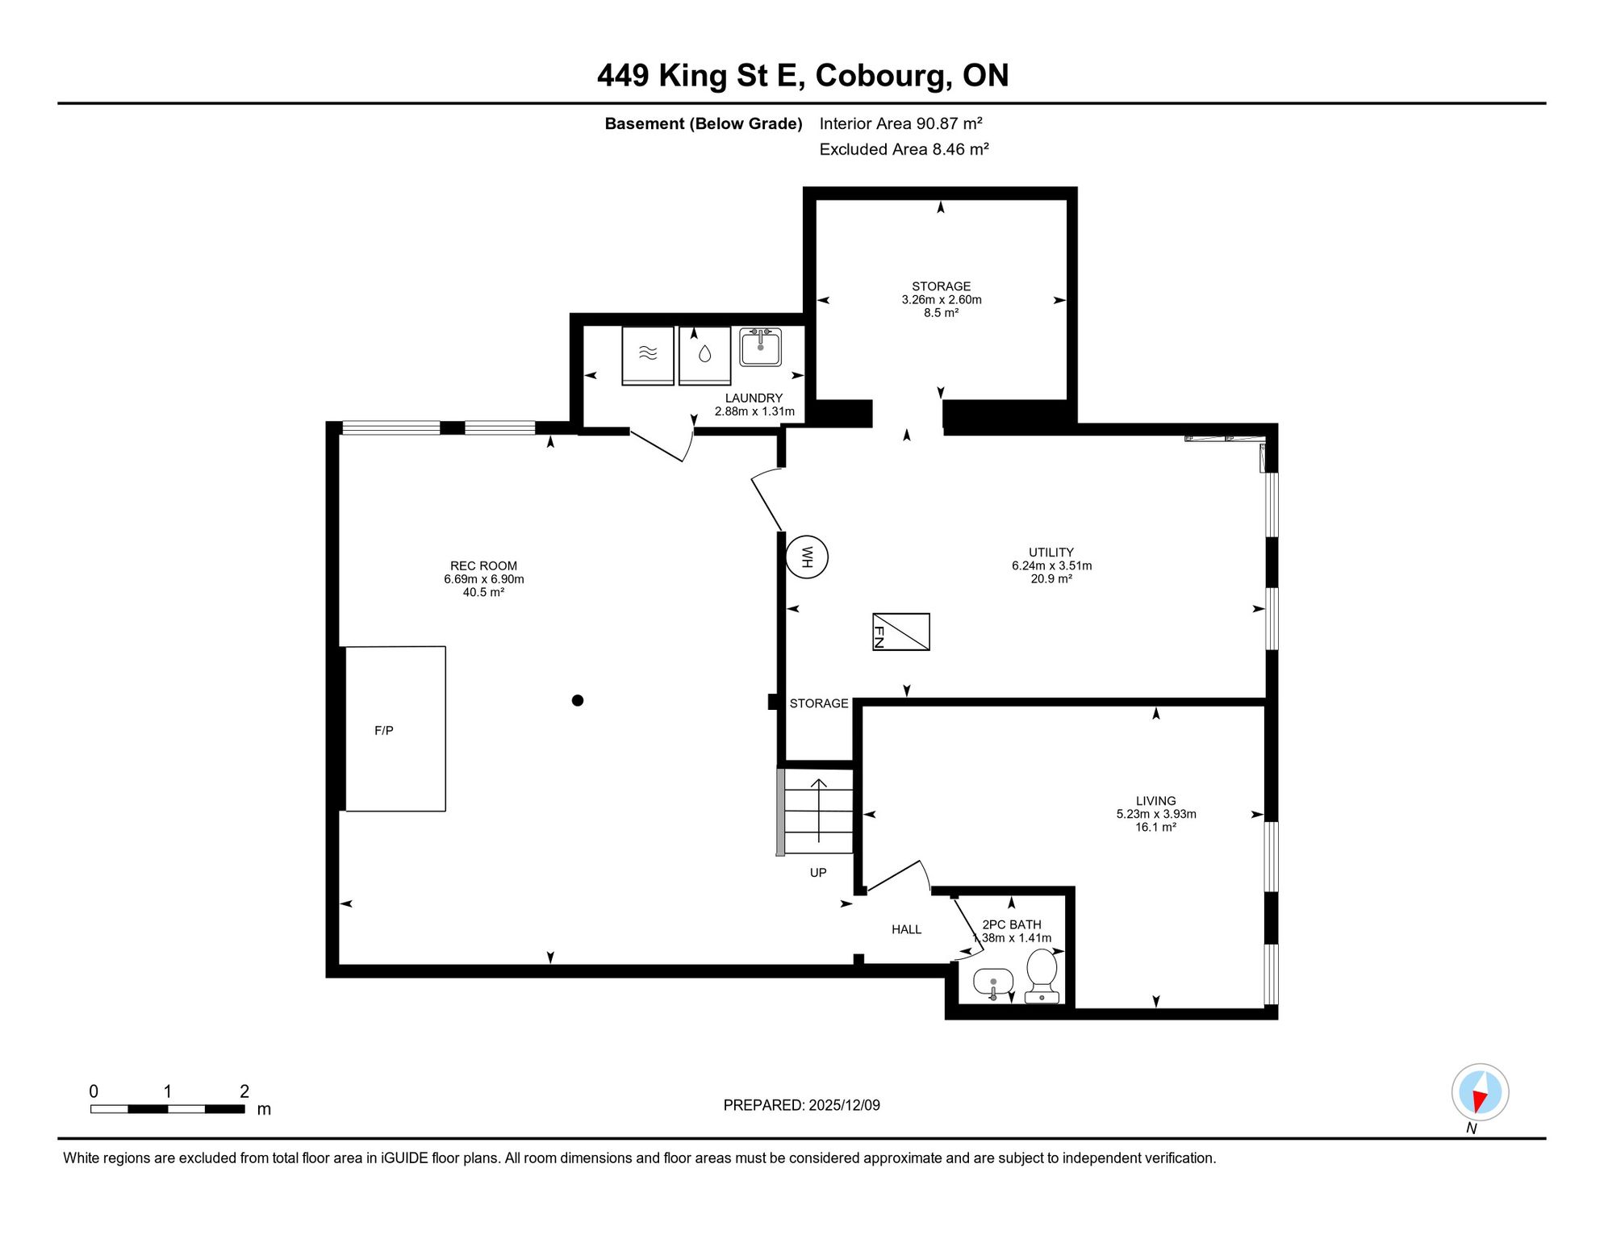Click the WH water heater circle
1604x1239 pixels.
pos(807,557)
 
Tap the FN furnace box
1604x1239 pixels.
pos(901,632)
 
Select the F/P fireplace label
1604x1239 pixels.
pos(384,731)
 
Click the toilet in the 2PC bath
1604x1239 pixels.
pos(1042,975)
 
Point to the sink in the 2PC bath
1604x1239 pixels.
pos(993,983)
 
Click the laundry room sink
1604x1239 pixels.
pos(760,347)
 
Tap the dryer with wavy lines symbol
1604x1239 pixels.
pos(648,355)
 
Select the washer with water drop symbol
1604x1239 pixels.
pos(705,355)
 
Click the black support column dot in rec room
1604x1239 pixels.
pos(578,700)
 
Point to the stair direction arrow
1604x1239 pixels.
pos(819,811)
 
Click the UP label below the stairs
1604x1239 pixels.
pos(818,873)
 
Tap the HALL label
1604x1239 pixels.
pos(907,929)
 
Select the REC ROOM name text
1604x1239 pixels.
pos(484,566)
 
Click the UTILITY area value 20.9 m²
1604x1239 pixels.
pos(1051,579)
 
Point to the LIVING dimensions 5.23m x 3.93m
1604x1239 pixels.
pos(1156,814)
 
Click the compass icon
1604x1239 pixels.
pos(1481,1092)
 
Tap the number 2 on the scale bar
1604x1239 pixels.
pos(244,1091)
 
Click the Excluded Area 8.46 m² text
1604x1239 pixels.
pos(904,149)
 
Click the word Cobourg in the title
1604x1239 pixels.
pos(879,76)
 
